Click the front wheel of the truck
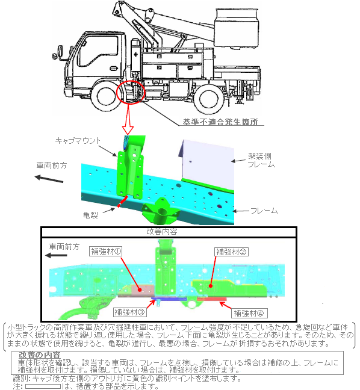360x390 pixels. coord(106,96)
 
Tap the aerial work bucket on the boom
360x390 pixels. coord(237,29)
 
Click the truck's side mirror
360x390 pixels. coord(60,52)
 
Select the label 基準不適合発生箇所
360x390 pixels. coord(220,122)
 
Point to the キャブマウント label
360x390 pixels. coord(78,141)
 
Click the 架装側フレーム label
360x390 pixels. coord(261,160)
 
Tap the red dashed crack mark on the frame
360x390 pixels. coord(122,202)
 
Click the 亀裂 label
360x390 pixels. coord(90,215)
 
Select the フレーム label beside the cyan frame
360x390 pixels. coord(264,211)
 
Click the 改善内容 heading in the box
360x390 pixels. coord(162,232)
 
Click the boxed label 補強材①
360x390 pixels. coord(106,252)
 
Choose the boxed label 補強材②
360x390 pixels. coord(231,252)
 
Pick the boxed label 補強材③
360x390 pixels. coord(129,312)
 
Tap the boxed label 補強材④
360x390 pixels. coord(249,313)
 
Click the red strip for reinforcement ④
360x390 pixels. coord(212,299)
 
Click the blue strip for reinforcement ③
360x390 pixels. coord(169,299)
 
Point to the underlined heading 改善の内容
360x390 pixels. coord(40,355)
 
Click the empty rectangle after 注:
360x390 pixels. coord(43,386)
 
